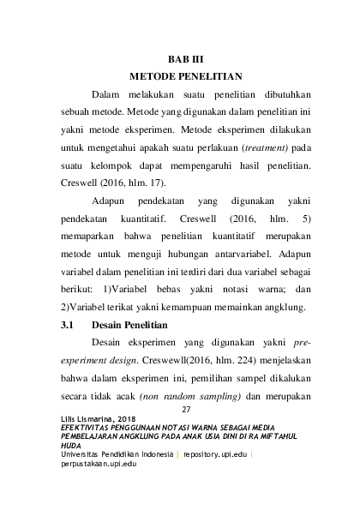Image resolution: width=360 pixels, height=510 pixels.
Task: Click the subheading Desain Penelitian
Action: coord(129,327)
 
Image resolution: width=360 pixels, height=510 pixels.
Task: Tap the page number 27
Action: coord(183,410)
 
